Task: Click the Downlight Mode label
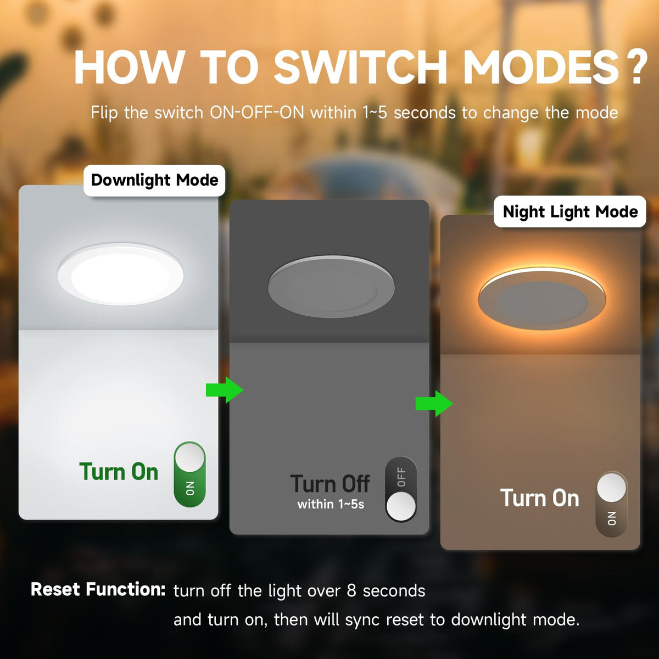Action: [154, 180]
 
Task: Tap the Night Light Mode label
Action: [570, 211]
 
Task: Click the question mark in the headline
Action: [636, 68]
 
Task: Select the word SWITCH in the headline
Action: [360, 66]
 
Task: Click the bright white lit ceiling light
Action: [120, 274]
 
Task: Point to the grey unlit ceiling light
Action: [331, 287]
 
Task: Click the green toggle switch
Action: [190, 474]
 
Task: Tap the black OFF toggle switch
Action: [401, 489]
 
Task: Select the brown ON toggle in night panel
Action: [612, 504]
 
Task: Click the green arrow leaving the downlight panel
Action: [225, 390]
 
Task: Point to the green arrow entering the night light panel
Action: [434, 404]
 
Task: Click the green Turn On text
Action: [119, 472]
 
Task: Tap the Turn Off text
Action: [330, 484]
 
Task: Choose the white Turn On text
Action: [540, 498]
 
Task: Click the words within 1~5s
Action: [331, 504]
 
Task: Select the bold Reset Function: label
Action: [98, 589]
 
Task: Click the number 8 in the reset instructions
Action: [351, 591]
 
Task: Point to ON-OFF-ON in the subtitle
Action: [257, 113]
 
